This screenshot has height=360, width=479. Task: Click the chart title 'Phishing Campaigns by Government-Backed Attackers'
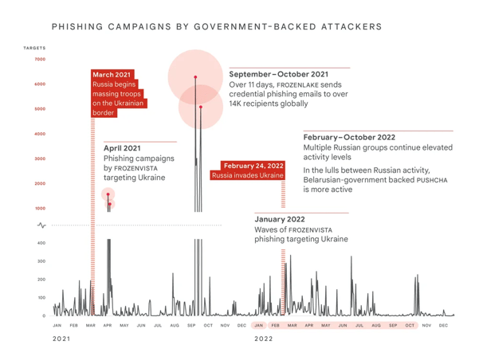(216, 27)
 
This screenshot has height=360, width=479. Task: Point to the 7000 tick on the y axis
(40, 60)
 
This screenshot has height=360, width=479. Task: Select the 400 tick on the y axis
(41, 243)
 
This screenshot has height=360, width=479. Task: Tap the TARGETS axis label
(35, 49)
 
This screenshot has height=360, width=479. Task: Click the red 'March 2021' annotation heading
(112, 75)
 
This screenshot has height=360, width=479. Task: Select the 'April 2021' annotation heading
(122, 148)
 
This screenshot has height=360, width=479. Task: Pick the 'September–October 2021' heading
(278, 73)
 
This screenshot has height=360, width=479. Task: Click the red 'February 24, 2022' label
(253, 166)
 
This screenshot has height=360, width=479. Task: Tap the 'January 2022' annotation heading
(280, 218)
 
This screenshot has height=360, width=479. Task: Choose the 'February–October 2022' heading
(349, 137)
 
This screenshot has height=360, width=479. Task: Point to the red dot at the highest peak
(194, 77)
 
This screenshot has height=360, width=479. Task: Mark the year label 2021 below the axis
(61, 339)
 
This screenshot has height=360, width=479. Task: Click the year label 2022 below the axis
(264, 339)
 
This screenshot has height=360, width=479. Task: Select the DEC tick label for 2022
(443, 326)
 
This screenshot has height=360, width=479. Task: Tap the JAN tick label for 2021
(57, 326)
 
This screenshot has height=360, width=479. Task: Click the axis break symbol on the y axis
(41, 225)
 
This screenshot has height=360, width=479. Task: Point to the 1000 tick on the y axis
(40, 209)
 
